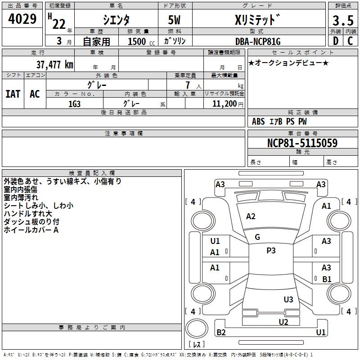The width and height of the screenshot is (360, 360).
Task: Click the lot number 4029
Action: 22,19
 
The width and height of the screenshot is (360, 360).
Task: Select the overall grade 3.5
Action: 343,20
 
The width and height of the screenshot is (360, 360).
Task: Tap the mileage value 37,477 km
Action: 54,65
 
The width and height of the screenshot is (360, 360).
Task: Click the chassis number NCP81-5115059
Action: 302,143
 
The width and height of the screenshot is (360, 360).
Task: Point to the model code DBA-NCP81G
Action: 258,41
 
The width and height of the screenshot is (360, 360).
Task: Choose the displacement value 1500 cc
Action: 141,41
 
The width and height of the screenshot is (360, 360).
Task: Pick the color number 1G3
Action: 74,104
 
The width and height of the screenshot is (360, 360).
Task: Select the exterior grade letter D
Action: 336,41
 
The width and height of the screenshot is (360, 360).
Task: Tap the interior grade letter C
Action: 350,41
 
